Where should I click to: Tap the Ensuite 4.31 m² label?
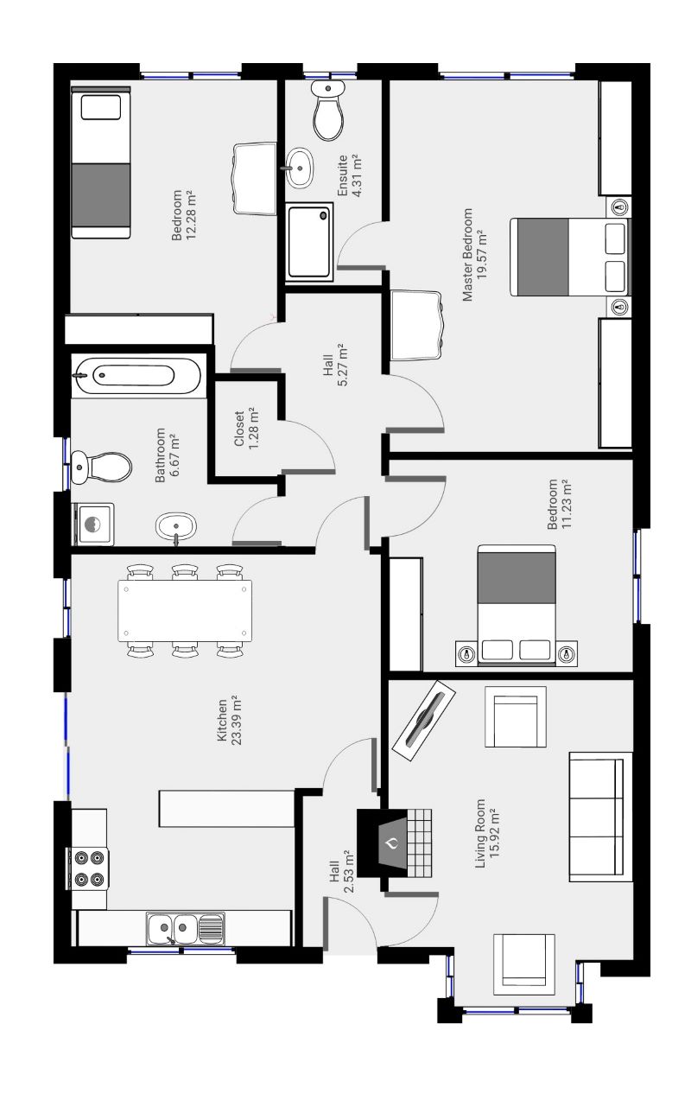pos(349,176)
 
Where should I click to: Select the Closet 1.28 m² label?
pos(246,427)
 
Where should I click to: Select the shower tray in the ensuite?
pos(309,242)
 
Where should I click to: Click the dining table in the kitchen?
pos(185,611)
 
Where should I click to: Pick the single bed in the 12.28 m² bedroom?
pos(101,165)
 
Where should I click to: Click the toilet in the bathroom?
pos(102,467)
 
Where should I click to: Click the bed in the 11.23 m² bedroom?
pos(517,604)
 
